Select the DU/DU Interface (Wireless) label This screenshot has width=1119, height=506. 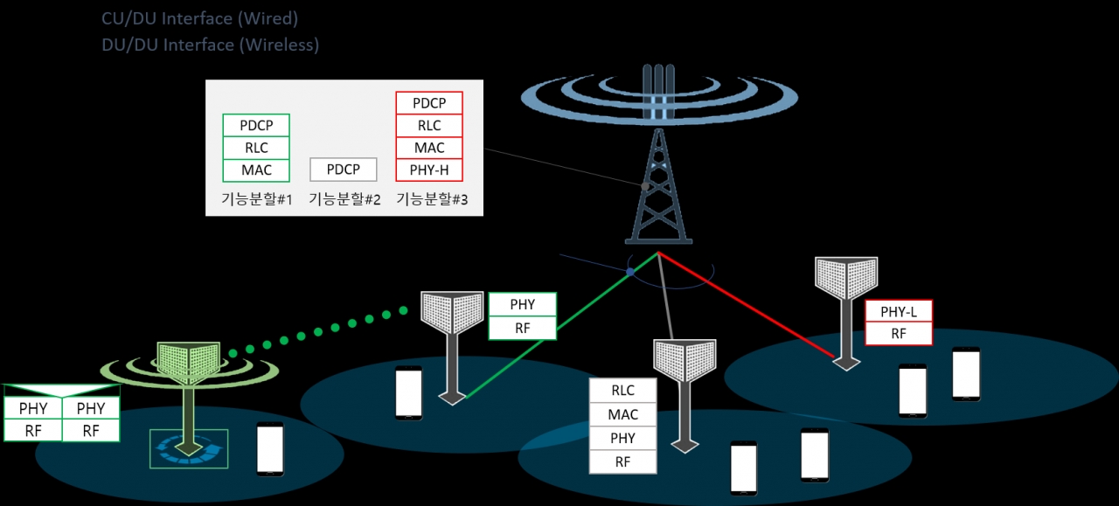tap(210, 45)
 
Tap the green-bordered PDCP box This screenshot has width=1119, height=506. tap(255, 126)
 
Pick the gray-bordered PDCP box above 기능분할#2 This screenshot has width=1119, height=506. tap(344, 170)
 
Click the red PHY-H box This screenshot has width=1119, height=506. tap(428, 170)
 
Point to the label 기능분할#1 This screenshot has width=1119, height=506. tap(256, 199)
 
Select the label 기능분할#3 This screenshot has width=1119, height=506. tap(432, 199)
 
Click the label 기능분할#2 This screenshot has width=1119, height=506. tap(344, 199)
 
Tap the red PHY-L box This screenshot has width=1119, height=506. tap(898, 312)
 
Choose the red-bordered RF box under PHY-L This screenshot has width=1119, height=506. tap(898, 334)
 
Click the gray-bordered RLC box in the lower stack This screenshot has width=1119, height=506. tap(622, 391)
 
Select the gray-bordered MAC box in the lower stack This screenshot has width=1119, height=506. tap(622, 414)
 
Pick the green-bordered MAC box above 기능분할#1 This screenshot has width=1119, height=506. tap(255, 170)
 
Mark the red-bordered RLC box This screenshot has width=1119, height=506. tap(428, 126)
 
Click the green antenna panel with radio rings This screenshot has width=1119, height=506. tap(187, 363)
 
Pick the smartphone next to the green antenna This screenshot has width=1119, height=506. tap(270, 449)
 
